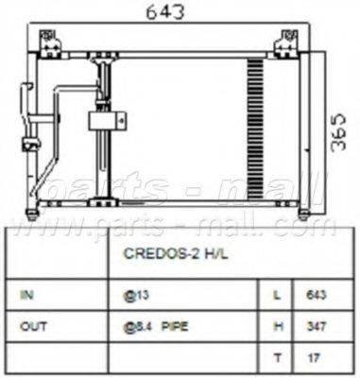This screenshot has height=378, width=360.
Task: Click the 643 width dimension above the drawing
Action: [x=170, y=12]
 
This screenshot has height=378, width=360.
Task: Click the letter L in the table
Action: [x=276, y=296]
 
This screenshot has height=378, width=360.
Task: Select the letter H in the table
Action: [x=276, y=328]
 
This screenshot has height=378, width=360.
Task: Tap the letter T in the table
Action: [x=276, y=359]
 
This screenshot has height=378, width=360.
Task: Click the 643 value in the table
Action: [x=317, y=296]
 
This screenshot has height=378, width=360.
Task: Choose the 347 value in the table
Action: [x=317, y=328]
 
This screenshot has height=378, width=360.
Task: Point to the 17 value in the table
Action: [x=316, y=359]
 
